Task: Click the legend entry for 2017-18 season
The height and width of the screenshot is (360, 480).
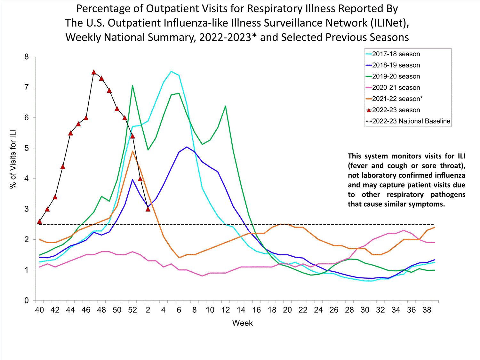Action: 396,54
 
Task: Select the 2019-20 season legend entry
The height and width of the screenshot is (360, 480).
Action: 396,76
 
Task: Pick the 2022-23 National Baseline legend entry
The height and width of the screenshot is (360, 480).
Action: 411,121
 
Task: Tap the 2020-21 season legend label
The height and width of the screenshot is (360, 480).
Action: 396,88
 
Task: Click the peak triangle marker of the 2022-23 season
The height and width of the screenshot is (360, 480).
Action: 94,72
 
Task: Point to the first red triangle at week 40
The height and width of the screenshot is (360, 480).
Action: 40,221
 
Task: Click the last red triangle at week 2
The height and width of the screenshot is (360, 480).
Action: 148,209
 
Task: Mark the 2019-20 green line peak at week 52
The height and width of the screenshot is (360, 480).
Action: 132,85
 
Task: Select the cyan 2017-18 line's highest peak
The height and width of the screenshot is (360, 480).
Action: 171,71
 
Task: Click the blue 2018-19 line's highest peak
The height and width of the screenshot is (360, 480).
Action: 187,147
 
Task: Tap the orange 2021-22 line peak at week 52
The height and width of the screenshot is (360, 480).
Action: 132,151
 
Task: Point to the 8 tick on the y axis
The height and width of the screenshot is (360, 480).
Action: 27,57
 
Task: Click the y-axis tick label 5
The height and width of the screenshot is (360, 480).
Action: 27,148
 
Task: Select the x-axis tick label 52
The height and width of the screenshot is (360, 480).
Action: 132,310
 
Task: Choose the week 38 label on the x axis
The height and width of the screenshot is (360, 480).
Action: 427,310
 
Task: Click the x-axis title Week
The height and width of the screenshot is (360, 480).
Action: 242,323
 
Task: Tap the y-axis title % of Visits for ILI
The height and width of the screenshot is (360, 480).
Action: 13,159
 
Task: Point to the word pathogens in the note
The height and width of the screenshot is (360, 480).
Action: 448,195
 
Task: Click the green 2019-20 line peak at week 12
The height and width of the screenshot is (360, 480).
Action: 226,106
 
